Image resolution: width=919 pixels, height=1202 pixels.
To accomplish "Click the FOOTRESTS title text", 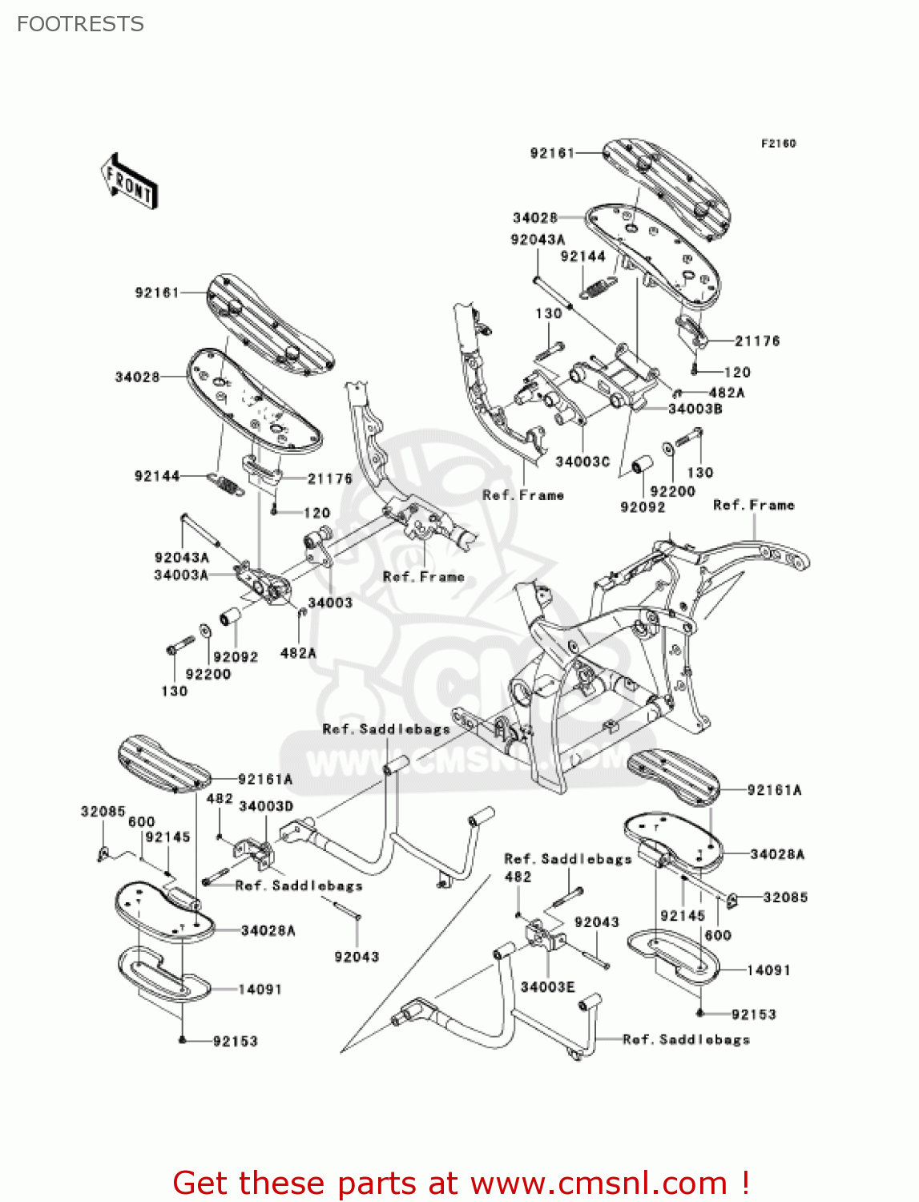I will pyautogui.click(x=80, y=24).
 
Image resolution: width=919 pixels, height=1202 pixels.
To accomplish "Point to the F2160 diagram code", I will pyautogui.click(x=778, y=143).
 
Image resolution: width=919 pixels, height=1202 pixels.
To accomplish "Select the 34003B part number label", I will pyautogui.click(x=695, y=409).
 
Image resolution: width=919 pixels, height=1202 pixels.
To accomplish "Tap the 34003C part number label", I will pyautogui.click(x=582, y=462).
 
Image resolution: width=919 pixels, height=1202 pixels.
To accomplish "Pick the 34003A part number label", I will pyautogui.click(x=181, y=575).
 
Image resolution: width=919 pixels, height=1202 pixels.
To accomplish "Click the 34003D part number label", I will pyautogui.click(x=266, y=805).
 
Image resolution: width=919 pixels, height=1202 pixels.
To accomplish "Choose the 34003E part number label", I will pyautogui.click(x=547, y=986).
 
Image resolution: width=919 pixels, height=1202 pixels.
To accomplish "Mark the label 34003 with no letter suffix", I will pyautogui.click(x=330, y=602).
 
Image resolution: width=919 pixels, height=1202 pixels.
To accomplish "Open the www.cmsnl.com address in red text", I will pyautogui.click(x=599, y=1183).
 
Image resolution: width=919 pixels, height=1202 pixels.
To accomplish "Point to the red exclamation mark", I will pyautogui.click(x=745, y=1183).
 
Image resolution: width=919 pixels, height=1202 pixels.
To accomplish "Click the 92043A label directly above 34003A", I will pyautogui.click(x=182, y=557).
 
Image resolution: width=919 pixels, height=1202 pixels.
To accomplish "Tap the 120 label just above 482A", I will pyautogui.click(x=737, y=372).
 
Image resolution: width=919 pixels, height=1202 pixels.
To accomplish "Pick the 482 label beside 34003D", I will pyautogui.click(x=220, y=798).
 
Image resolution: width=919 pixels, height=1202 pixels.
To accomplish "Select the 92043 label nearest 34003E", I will pyautogui.click(x=597, y=922).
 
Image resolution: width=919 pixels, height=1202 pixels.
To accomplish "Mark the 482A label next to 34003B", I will pyautogui.click(x=727, y=393).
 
